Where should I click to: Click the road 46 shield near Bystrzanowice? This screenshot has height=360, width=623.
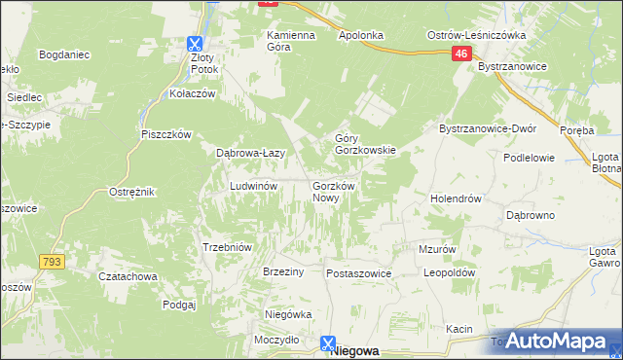[462, 56]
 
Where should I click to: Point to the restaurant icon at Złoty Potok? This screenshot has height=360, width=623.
[196, 43]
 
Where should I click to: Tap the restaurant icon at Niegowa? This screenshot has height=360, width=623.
[329, 343]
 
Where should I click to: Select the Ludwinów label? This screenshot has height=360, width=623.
[254, 185]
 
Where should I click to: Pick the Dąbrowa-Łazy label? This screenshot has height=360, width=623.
[249, 152]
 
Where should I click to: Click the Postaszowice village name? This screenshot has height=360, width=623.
[358, 274]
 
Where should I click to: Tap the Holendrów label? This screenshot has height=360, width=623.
[457, 198]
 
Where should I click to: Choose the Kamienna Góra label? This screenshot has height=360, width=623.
[292, 41]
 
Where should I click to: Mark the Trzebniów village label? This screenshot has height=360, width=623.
[227, 247]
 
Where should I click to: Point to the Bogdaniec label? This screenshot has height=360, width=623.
[64, 54]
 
